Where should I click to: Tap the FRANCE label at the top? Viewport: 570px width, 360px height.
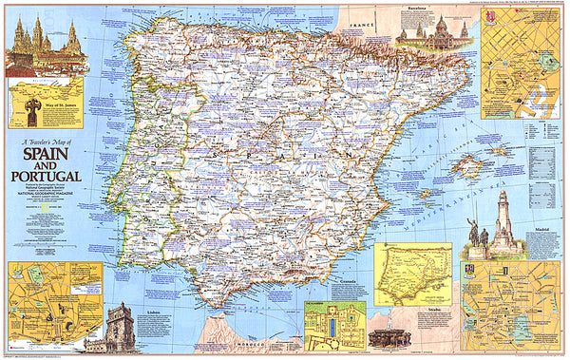(x=362, y=19)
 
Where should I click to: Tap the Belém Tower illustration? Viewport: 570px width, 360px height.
(x=121, y=328)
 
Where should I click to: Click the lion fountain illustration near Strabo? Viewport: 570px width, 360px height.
(x=390, y=336)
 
